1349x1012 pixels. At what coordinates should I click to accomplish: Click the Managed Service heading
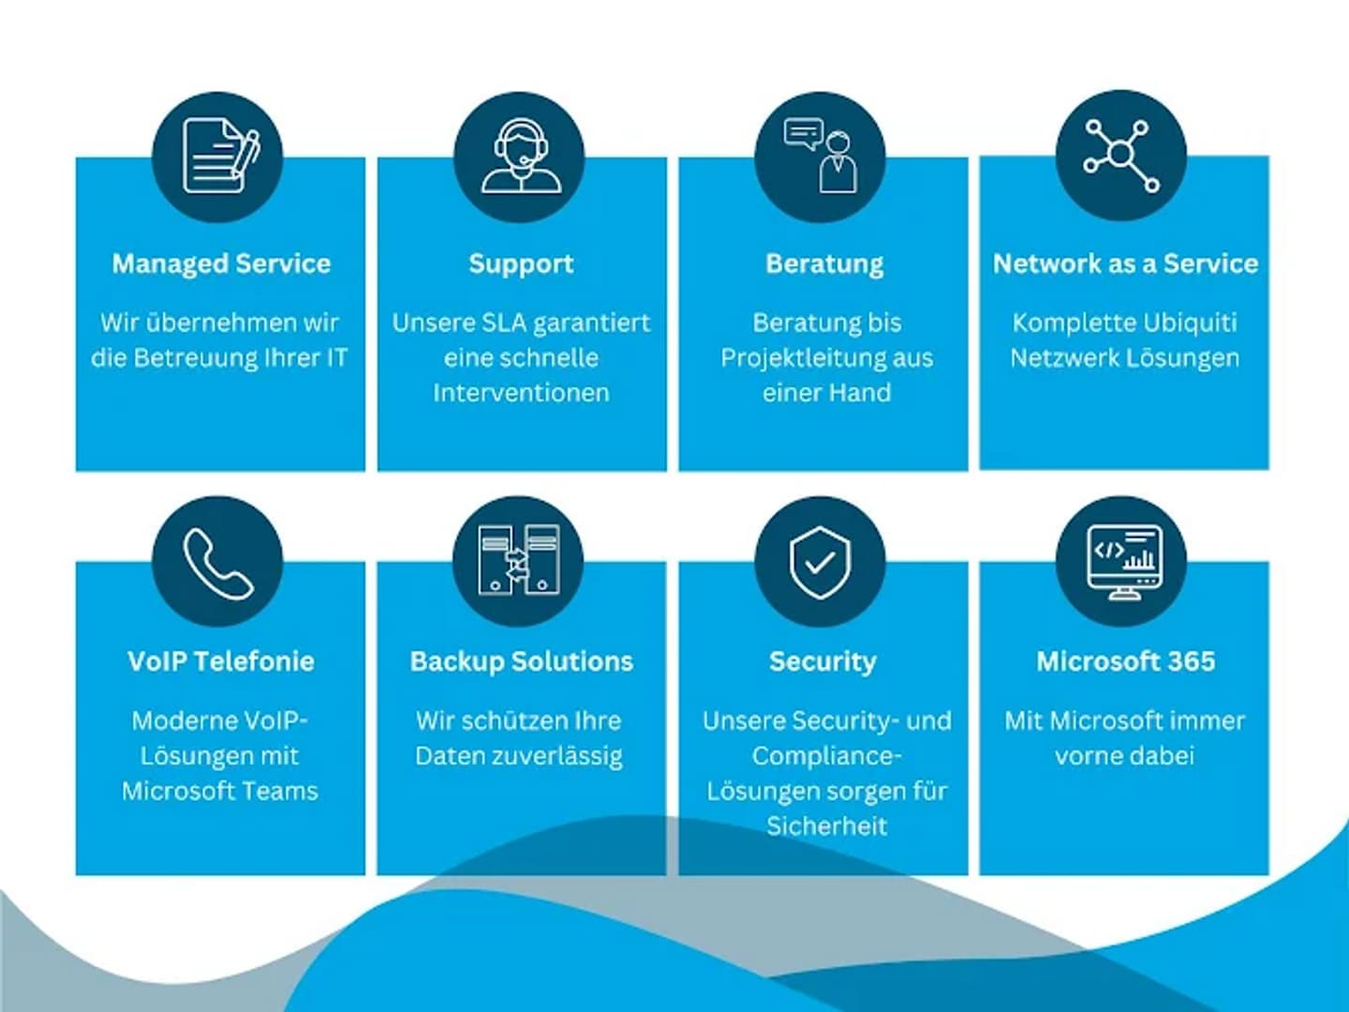coord(221,264)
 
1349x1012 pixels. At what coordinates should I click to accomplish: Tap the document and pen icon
coord(219,156)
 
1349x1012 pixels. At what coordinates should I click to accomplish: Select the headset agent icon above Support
coord(520,156)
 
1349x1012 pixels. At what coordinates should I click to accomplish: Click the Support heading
coord(521,264)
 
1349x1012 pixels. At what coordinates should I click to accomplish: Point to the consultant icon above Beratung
coord(821,156)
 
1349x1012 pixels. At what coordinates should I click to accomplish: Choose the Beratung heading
coord(824,264)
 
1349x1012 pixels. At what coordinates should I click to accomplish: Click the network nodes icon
coord(1121,156)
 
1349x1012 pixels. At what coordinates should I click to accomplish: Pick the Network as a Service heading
coord(1125,264)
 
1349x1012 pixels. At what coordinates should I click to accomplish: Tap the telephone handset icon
coord(217,562)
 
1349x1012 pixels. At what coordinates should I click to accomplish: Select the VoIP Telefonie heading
coord(221,662)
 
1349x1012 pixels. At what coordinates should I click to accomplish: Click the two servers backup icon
coord(519,560)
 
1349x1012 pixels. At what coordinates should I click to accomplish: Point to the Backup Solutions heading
coord(522,662)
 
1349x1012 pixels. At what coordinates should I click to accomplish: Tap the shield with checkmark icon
coord(821,561)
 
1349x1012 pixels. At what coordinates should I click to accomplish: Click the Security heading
coord(823,662)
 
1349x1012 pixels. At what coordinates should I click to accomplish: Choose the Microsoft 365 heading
coord(1125,662)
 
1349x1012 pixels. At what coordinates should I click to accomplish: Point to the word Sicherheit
coord(826,826)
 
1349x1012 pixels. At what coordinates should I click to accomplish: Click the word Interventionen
coord(521,394)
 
